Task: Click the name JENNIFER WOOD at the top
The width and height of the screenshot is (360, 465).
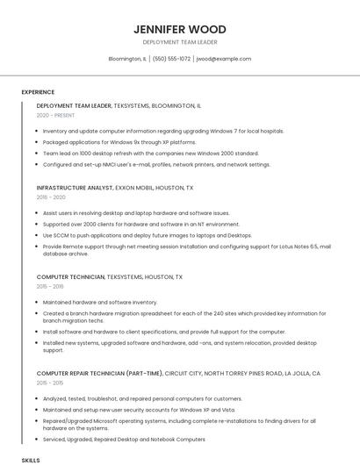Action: (180, 29)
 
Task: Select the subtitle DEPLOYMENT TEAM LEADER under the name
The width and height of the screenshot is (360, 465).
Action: (180, 42)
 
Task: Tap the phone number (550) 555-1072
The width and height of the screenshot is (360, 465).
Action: (171, 59)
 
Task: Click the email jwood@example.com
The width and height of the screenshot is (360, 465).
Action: (224, 59)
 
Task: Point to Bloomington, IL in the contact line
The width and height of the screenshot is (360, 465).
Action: (127, 59)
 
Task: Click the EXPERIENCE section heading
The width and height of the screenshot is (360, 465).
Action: (38, 92)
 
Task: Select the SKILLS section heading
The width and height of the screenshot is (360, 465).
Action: (31, 460)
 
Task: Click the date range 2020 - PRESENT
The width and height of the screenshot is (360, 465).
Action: (56, 115)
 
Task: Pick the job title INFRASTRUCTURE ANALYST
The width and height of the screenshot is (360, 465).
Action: (75, 188)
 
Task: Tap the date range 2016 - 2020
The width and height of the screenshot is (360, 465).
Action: (51, 197)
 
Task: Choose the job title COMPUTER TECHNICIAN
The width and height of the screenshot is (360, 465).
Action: (70, 277)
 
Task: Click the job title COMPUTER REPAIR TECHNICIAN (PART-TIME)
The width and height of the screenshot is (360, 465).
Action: (99, 374)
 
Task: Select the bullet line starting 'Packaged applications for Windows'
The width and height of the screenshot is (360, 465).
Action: (119, 141)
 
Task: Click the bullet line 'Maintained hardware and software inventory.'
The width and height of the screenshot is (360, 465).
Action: (100, 302)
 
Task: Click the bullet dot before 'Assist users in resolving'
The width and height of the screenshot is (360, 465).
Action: (38, 213)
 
